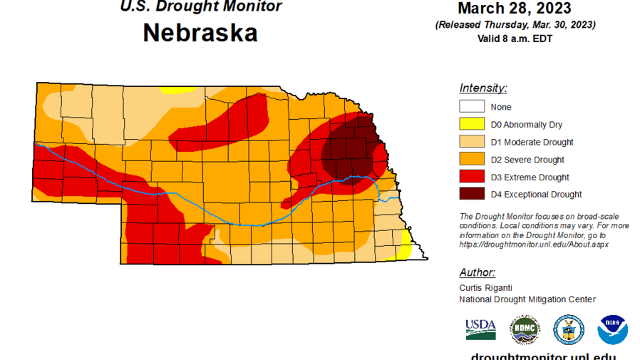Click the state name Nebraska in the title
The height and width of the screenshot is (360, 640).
click(200, 34)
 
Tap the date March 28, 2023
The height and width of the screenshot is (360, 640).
click(514, 9)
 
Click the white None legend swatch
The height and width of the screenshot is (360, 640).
click(472, 107)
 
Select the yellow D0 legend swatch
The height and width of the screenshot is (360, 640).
click(472, 125)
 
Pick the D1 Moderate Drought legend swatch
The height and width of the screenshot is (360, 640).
click(472, 142)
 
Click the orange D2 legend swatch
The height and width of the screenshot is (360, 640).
click(472, 159)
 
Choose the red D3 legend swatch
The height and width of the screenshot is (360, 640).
click(472, 177)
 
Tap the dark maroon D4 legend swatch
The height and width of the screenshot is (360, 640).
click(472, 194)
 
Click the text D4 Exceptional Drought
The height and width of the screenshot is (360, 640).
click(536, 195)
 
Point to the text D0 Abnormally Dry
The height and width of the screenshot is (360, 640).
click(526, 125)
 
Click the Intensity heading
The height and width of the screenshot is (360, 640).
click(483, 88)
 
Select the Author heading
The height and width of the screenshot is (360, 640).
click(477, 272)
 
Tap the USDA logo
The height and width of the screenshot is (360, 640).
click(480, 329)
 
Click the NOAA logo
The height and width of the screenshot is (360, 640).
click(612, 330)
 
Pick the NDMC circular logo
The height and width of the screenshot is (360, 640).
click(525, 330)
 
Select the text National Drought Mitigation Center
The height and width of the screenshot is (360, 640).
click(527, 299)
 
